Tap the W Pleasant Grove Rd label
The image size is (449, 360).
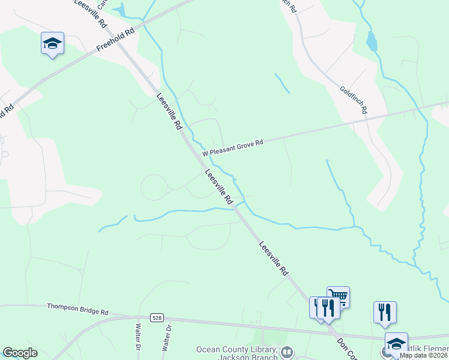point(233,147)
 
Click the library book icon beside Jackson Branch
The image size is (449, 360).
point(287,352)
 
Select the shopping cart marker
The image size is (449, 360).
point(339,296)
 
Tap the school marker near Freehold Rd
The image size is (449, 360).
point(52,43)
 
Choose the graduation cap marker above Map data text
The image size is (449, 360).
point(396,343)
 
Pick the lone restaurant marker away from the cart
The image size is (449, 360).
point(385,312)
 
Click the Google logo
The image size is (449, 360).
point(20,353)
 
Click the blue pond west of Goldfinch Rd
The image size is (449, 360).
point(372,41)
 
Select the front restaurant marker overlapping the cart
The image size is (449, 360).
point(328,308)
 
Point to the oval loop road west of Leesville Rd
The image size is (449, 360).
point(155,187)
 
